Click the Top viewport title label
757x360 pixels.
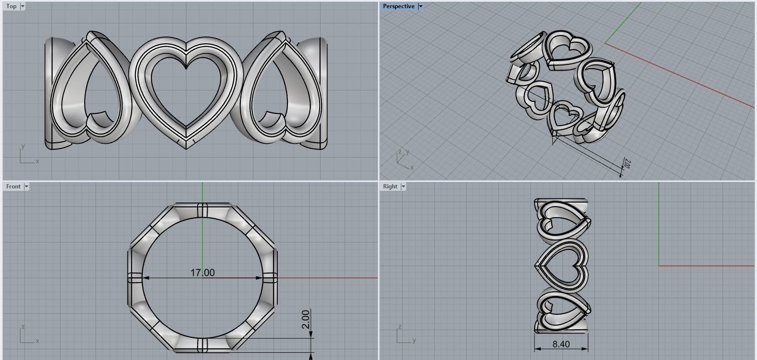11,6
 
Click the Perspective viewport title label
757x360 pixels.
398,6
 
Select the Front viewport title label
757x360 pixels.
13,186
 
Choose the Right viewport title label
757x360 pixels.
390,186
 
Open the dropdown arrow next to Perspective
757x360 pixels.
421,6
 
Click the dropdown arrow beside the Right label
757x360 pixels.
403,186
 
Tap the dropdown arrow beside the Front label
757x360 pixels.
26,186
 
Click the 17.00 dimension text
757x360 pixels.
202,273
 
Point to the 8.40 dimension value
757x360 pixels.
561,344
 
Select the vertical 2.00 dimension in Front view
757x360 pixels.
306,319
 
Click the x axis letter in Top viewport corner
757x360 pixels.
37,161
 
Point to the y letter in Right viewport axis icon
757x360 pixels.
414,341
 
